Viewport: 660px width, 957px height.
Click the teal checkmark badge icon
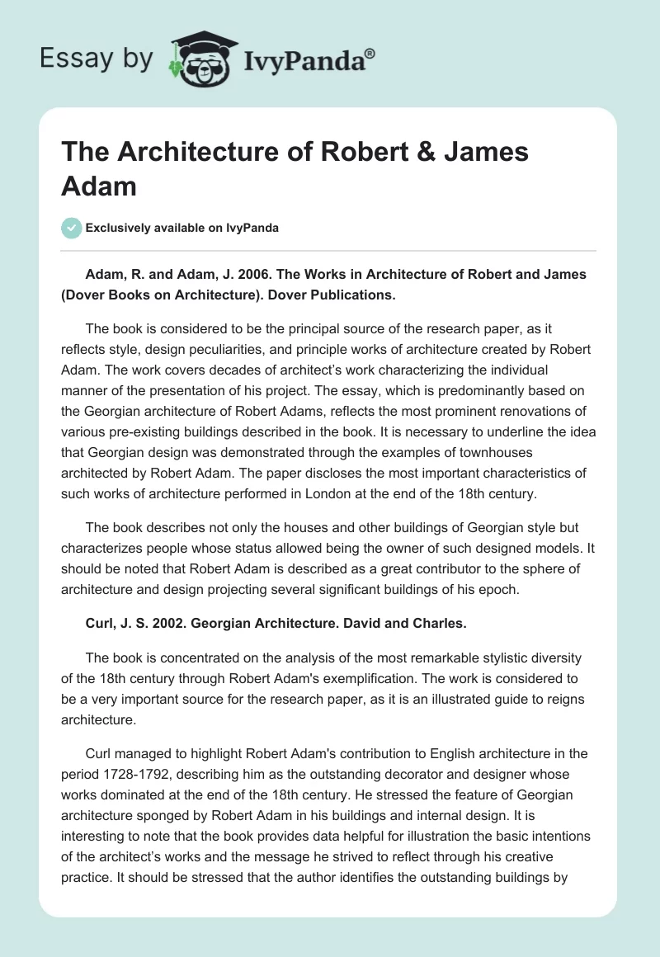click(72, 227)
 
